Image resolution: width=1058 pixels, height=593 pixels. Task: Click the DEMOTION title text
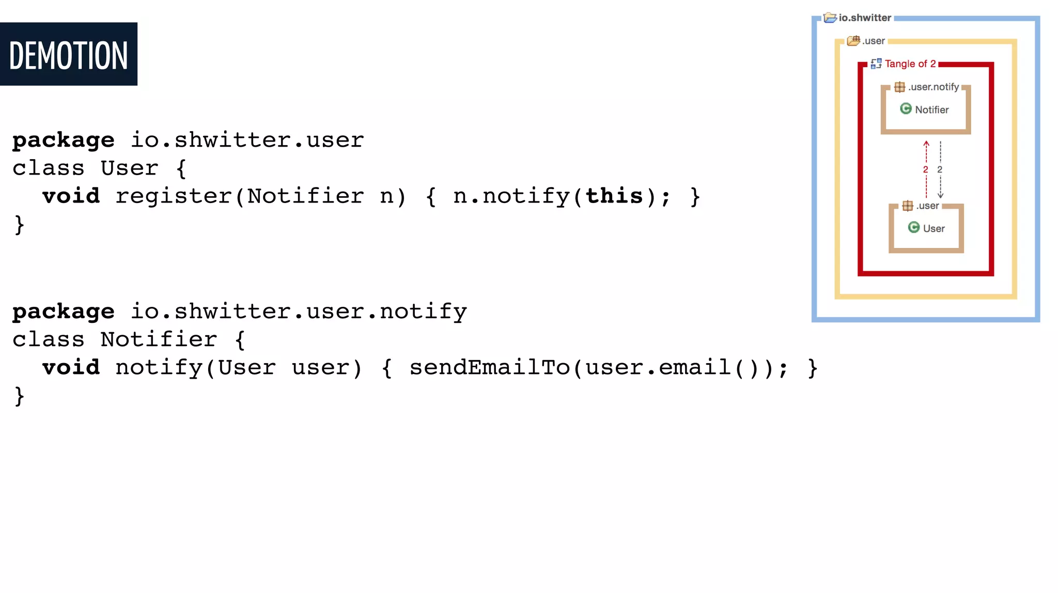[68, 55]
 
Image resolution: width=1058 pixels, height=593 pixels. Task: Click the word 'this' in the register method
[614, 196]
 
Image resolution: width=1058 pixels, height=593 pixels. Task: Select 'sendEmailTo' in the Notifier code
[489, 368]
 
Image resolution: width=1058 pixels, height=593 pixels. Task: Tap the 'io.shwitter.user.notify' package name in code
[299, 312]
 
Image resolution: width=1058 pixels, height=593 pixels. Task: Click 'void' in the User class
[71, 196]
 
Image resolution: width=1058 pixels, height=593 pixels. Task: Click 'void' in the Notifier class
[71, 368]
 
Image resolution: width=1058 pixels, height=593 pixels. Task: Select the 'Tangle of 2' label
[910, 64]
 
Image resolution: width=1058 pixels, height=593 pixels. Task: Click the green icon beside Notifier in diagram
[906, 108]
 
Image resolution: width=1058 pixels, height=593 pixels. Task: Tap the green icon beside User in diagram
[914, 227]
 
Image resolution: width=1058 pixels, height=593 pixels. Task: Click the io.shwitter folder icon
[830, 18]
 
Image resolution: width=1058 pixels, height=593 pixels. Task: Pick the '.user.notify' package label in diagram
[933, 87]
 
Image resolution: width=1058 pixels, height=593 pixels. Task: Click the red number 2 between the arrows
[925, 169]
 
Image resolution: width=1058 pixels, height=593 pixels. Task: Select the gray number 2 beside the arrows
[940, 169]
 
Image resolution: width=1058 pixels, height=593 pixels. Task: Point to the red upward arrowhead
[926, 143]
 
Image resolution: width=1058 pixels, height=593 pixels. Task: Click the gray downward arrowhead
[941, 195]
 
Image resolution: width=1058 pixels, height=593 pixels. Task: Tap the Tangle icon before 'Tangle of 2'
[876, 64]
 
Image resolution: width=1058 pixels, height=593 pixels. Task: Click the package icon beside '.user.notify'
[899, 87]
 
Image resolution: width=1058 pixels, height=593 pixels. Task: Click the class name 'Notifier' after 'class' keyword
[159, 340]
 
